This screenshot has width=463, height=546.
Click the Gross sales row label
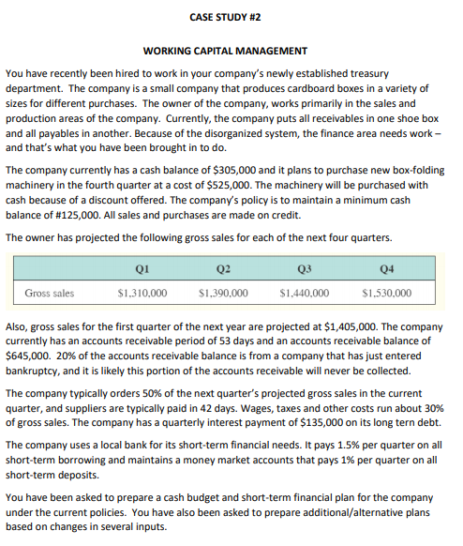coord(50,293)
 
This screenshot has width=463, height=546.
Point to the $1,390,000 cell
coord(223,293)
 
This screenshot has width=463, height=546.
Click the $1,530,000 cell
coord(385,293)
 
